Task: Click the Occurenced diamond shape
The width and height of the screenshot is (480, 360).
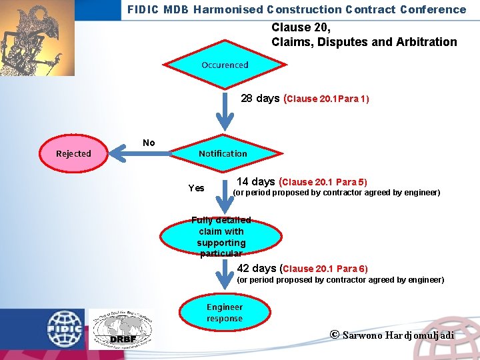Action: tap(225, 65)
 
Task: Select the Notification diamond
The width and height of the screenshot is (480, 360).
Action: tap(223, 153)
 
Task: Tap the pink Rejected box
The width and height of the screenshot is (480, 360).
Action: tap(73, 153)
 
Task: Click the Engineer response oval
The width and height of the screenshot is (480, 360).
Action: tap(225, 313)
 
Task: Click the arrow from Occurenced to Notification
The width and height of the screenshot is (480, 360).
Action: tap(226, 110)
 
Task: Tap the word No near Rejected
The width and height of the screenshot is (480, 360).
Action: tap(149, 143)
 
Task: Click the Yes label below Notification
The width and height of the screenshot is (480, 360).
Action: tap(197, 188)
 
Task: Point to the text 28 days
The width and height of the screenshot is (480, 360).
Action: tap(260, 99)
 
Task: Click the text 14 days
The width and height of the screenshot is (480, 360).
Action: tap(256, 181)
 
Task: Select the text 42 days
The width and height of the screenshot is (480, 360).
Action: tap(257, 268)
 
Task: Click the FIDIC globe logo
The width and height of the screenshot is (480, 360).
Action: tap(64, 328)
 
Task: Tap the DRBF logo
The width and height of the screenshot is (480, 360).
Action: tap(121, 329)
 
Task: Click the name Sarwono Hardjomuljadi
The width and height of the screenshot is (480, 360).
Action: tap(398, 335)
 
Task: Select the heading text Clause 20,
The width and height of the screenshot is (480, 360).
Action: tap(301, 28)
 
